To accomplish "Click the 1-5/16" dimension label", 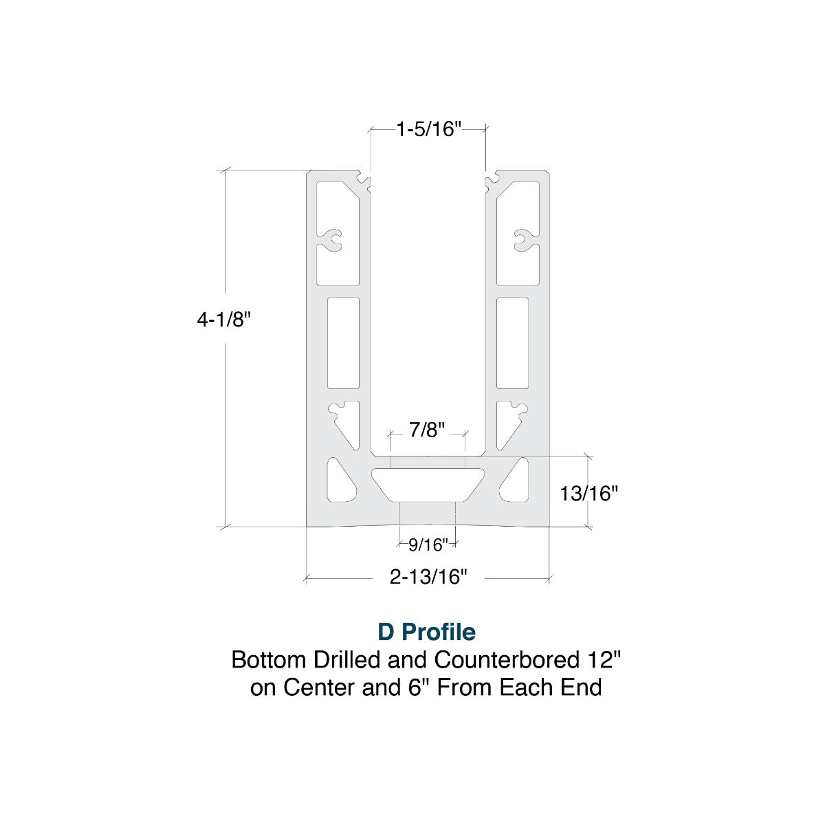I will click(x=428, y=129).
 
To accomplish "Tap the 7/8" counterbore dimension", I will click(x=427, y=430).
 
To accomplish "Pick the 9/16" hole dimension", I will click(x=428, y=544).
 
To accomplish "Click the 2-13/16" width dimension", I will click(x=428, y=577).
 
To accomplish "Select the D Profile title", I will click(x=426, y=630).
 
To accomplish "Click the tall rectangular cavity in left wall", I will click(x=343, y=342).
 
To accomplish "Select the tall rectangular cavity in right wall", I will click(x=513, y=342).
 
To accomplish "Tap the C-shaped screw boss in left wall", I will click(x=333, y=239).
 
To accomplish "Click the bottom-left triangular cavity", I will click(x=341, y=481).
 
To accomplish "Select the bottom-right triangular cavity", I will click(x=516, y=481).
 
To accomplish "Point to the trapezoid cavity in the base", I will click(x=428, y=483).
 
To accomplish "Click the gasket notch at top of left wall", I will click(x=365, y=181).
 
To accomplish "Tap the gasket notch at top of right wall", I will click(x=491, y=181).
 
